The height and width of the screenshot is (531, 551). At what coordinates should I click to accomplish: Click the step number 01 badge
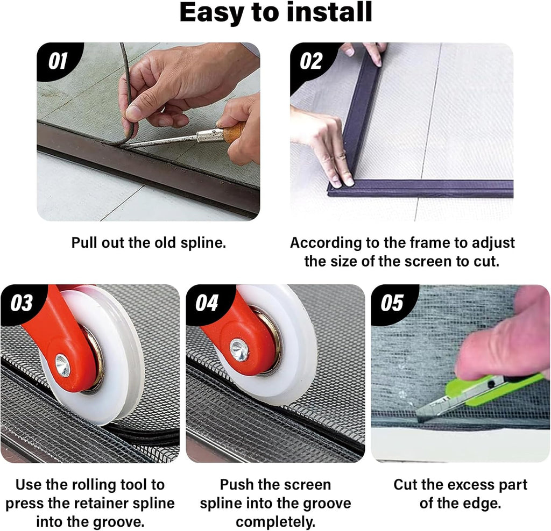tap(58, 61)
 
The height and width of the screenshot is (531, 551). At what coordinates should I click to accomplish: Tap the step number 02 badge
tap(311, 61)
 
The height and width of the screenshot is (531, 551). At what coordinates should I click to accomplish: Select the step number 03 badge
tap(22, 303)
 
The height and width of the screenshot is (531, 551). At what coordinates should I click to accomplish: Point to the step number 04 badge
tap(207, 303)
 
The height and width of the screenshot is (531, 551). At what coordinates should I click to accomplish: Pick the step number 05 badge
tap(392, 303)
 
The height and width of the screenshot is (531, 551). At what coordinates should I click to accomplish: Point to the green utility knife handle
tap(492, 388)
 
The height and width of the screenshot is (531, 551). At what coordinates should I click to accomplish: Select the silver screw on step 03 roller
tap(63, 365)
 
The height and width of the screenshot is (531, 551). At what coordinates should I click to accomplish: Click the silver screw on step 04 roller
tap(239, 350)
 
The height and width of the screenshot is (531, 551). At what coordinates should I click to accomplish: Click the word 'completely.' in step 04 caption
tap(275, 522)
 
